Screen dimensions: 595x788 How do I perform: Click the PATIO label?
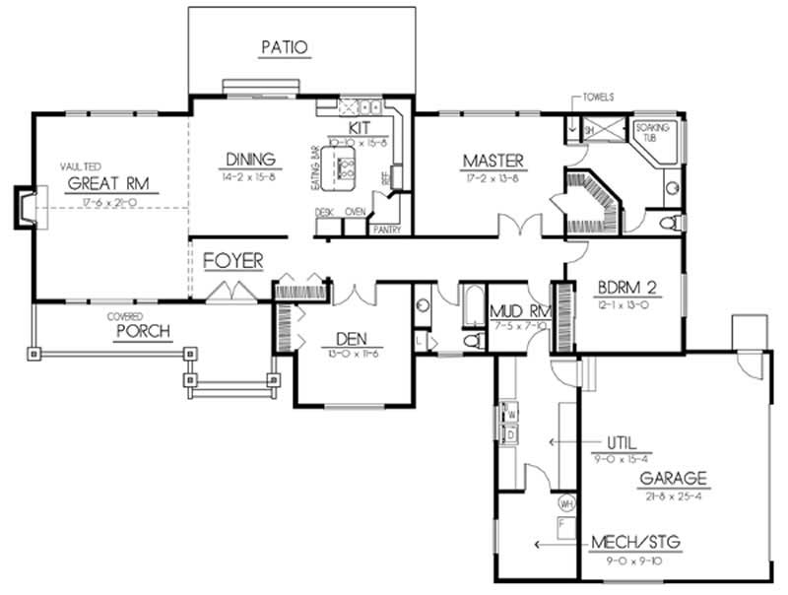[285, 46]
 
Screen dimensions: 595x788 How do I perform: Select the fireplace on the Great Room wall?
[25, 205]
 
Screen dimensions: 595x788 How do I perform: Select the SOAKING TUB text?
[651, 133]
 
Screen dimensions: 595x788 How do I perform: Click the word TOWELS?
[599, 98]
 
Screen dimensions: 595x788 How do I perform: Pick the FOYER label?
[233, 261]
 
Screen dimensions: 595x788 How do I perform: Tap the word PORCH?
[144, 330]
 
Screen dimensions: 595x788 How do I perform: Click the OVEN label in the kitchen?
[355, 212]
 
